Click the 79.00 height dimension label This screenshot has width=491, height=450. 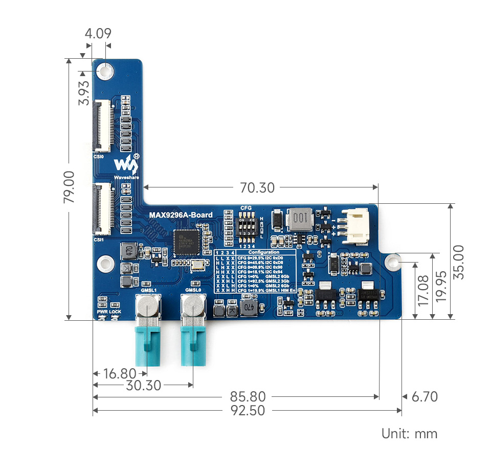(x=70, y=187)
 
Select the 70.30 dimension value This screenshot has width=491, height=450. (x=257, y=188)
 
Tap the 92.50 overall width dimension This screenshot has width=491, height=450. (x=247, y=410)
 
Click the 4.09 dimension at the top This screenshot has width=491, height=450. (x=98, y=34)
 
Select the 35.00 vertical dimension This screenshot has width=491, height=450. (x=459, y=262)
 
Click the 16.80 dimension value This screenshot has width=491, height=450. (x=119, y=374)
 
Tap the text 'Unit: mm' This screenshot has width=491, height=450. (x=409, y=434)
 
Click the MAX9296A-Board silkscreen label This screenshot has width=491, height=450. (x=181, y=215)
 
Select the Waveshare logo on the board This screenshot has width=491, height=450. (x=126, y=166)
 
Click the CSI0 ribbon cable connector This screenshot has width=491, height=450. (x=102, y=126)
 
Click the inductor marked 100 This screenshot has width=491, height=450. (x=300, y=219)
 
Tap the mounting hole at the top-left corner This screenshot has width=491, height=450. (x=106, y=70)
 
